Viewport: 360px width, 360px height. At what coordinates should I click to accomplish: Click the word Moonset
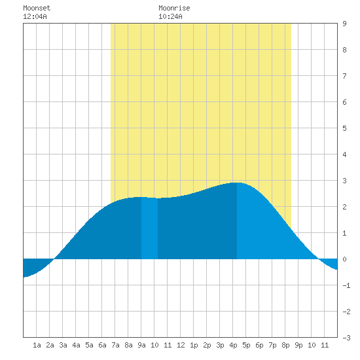coord(37,8)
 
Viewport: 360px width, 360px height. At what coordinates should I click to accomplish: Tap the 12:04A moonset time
coord(35,16)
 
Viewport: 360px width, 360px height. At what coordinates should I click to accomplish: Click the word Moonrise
coord(174,8)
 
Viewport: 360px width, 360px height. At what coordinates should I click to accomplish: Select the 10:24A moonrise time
coord(170,16)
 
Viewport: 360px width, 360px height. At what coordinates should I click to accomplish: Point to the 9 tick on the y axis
coord(344,24)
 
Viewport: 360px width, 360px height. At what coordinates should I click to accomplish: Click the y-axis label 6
coord(344,102)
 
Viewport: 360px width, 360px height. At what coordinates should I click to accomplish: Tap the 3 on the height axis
coord(344,181)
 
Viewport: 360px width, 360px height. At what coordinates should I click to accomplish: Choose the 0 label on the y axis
coord(344,259)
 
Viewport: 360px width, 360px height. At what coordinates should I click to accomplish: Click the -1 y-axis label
coord(346,285)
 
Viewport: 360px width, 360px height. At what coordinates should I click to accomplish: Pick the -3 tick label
coord(346,338)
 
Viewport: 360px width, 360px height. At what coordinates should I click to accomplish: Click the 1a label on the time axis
coord(37,345)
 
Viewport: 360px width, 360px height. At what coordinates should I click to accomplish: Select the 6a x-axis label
coord(102,345)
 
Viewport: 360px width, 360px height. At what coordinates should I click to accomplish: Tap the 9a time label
coord(141,345)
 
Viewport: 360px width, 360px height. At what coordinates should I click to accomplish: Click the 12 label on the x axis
coord(181,345)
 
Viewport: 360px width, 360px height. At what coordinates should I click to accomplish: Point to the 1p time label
coord(194,345)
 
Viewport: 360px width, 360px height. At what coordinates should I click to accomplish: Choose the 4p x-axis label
coord(233,345)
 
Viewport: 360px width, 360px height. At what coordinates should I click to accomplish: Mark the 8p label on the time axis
coord(285,345)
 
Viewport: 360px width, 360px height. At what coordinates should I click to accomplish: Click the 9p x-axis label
coord(298,345)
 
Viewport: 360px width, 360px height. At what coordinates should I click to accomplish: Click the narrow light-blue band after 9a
coord(149,228)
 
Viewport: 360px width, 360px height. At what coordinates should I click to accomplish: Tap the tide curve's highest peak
coord(238,183)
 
